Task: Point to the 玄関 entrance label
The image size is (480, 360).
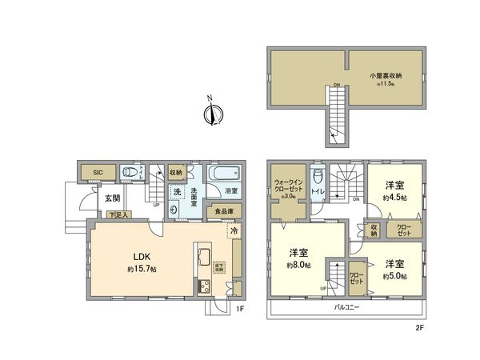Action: (x=111, y=198)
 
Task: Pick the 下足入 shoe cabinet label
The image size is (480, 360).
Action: (x=118, y=214)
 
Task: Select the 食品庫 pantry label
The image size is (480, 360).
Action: (x=223, y=212)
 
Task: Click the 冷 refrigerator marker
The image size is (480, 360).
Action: (x=234, y=231)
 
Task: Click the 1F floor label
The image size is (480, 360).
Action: (x=240, y=308)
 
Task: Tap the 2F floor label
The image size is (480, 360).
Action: (x=418, y=327)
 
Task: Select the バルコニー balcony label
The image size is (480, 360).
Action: (x=346, y=307)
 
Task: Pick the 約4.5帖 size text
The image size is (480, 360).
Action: (x=395, y=198)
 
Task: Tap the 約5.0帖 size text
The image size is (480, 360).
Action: (x=395, y=275)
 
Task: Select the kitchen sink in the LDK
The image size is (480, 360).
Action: (x=202, y=258)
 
